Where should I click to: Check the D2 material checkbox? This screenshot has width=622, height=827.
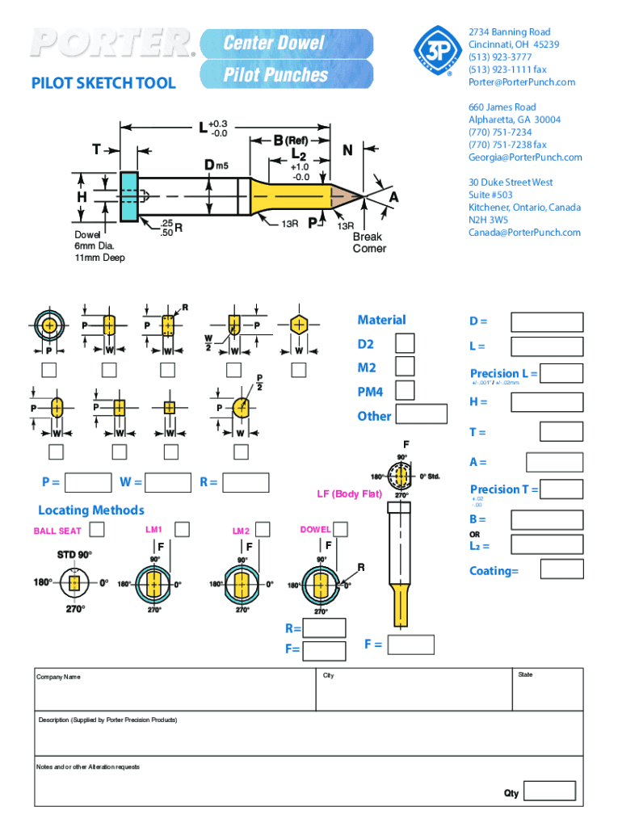click(405, 343)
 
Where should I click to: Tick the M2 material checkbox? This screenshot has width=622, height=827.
click(405, 367)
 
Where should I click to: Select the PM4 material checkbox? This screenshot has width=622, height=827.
click(405, 390)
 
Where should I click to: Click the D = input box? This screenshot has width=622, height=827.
click(547, 321)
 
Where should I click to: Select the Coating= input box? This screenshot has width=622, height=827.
click(561, 569)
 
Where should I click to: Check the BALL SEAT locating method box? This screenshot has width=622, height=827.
click(97, 530)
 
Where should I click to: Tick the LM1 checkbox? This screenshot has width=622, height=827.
click(182, 529)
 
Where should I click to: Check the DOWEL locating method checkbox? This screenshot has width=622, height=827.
click(341, 529)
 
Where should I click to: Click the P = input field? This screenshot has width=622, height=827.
click(88, 483)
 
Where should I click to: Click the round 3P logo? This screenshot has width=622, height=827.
click(436, 51)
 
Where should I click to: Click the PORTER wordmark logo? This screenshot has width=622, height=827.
click(112, 44)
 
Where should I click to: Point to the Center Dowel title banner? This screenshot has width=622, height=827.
click(287, 43)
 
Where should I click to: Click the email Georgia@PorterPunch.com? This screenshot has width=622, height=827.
click(524, 157)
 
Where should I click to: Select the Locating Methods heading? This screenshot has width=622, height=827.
click(91, 510)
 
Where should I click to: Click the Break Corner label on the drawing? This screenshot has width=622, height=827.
click(369, 242)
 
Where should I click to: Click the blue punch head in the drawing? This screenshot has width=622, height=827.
click(128, 196)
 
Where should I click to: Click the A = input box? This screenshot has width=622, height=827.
click(554, 462)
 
